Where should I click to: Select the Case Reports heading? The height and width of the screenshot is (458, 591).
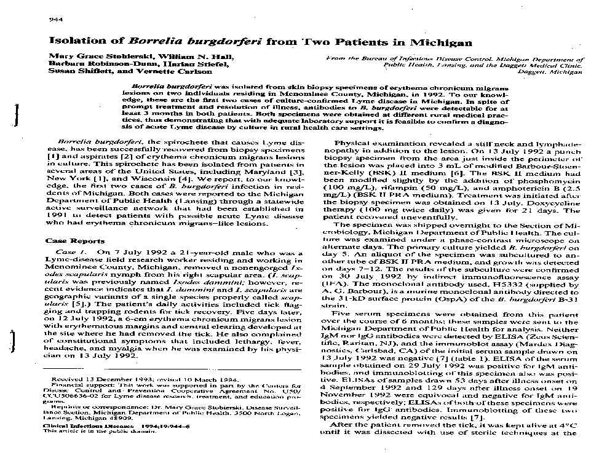coord(70,241)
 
